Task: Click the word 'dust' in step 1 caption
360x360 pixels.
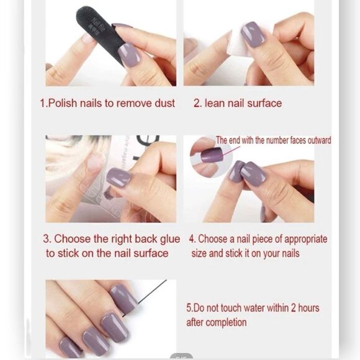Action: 164,104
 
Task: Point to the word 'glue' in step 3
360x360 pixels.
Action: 168,239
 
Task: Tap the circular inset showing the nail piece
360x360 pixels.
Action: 212,155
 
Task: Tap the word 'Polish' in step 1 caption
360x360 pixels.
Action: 65,104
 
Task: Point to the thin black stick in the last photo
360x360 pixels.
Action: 151,292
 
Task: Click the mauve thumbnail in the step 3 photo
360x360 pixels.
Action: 118,177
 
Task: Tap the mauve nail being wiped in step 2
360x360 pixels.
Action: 253,34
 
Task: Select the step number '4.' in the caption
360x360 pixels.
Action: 192,239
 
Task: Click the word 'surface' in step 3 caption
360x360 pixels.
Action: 150,253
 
